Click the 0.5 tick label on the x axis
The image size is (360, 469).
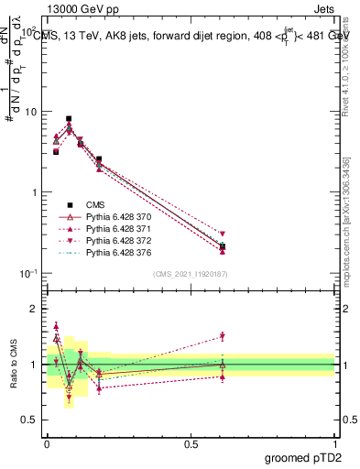coord(191,443)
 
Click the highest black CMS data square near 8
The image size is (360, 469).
coord(69,119)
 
